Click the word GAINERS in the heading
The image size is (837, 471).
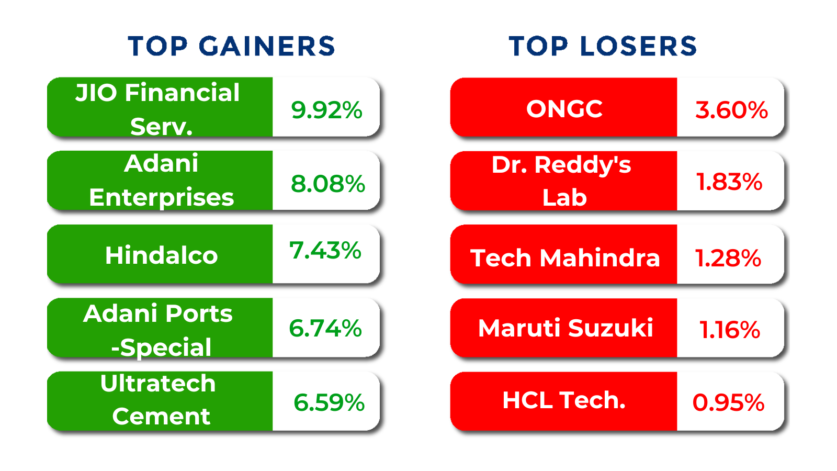point(267,47)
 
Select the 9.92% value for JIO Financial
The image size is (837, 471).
point(326,110)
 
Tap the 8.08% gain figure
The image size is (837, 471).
point(327,184)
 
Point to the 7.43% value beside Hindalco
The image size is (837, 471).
point(325,250)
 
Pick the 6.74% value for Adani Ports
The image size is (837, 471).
point(325,329)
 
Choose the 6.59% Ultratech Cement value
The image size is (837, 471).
point(329,402)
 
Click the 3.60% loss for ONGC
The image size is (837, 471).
point(731,110)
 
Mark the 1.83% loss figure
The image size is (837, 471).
point(729,182)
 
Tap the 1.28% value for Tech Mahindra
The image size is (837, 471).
point(728,259)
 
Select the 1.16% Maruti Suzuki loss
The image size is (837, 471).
point(729,330)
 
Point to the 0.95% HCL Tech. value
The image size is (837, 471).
point(728,403)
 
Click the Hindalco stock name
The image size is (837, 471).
point(162,256)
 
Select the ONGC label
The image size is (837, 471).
point(564,109)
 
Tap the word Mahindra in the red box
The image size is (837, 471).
point(600,258)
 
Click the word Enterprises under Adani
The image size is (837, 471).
point(162,198)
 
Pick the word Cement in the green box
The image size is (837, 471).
point(162,416)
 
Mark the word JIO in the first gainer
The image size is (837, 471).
point(96,93)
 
